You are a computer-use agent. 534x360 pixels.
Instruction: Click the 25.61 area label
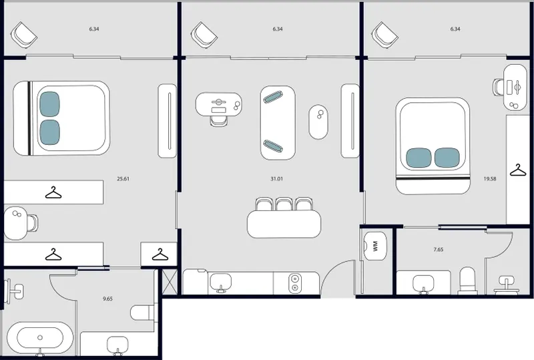tap(123, 178)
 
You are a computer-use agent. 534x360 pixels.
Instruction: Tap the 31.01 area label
tap(276, 178)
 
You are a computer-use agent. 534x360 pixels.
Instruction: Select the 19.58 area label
tap(490, 178)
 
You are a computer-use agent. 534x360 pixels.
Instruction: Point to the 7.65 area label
tap(439, 250)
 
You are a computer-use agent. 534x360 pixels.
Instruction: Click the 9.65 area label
tap(107, 299)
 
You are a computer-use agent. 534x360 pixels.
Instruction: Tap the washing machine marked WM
tap(375, 246)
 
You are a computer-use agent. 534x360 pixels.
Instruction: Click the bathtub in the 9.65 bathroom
tap(40, 338)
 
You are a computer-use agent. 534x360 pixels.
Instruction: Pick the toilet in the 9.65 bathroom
tap(143, 312)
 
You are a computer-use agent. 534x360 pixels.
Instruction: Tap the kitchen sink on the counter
tap(221, 283)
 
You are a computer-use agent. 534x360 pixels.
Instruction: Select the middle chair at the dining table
tap(282, 204)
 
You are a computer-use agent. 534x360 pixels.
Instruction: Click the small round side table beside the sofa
tap(318, 122)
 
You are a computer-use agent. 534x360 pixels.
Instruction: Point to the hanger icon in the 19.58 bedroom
tap(518, 170)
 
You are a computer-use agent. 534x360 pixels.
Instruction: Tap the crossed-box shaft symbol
tap(170, 282)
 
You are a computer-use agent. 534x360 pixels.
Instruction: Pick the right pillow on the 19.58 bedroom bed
tap(447, 158)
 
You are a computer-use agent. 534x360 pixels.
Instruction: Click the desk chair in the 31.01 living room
tap(219, 121)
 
